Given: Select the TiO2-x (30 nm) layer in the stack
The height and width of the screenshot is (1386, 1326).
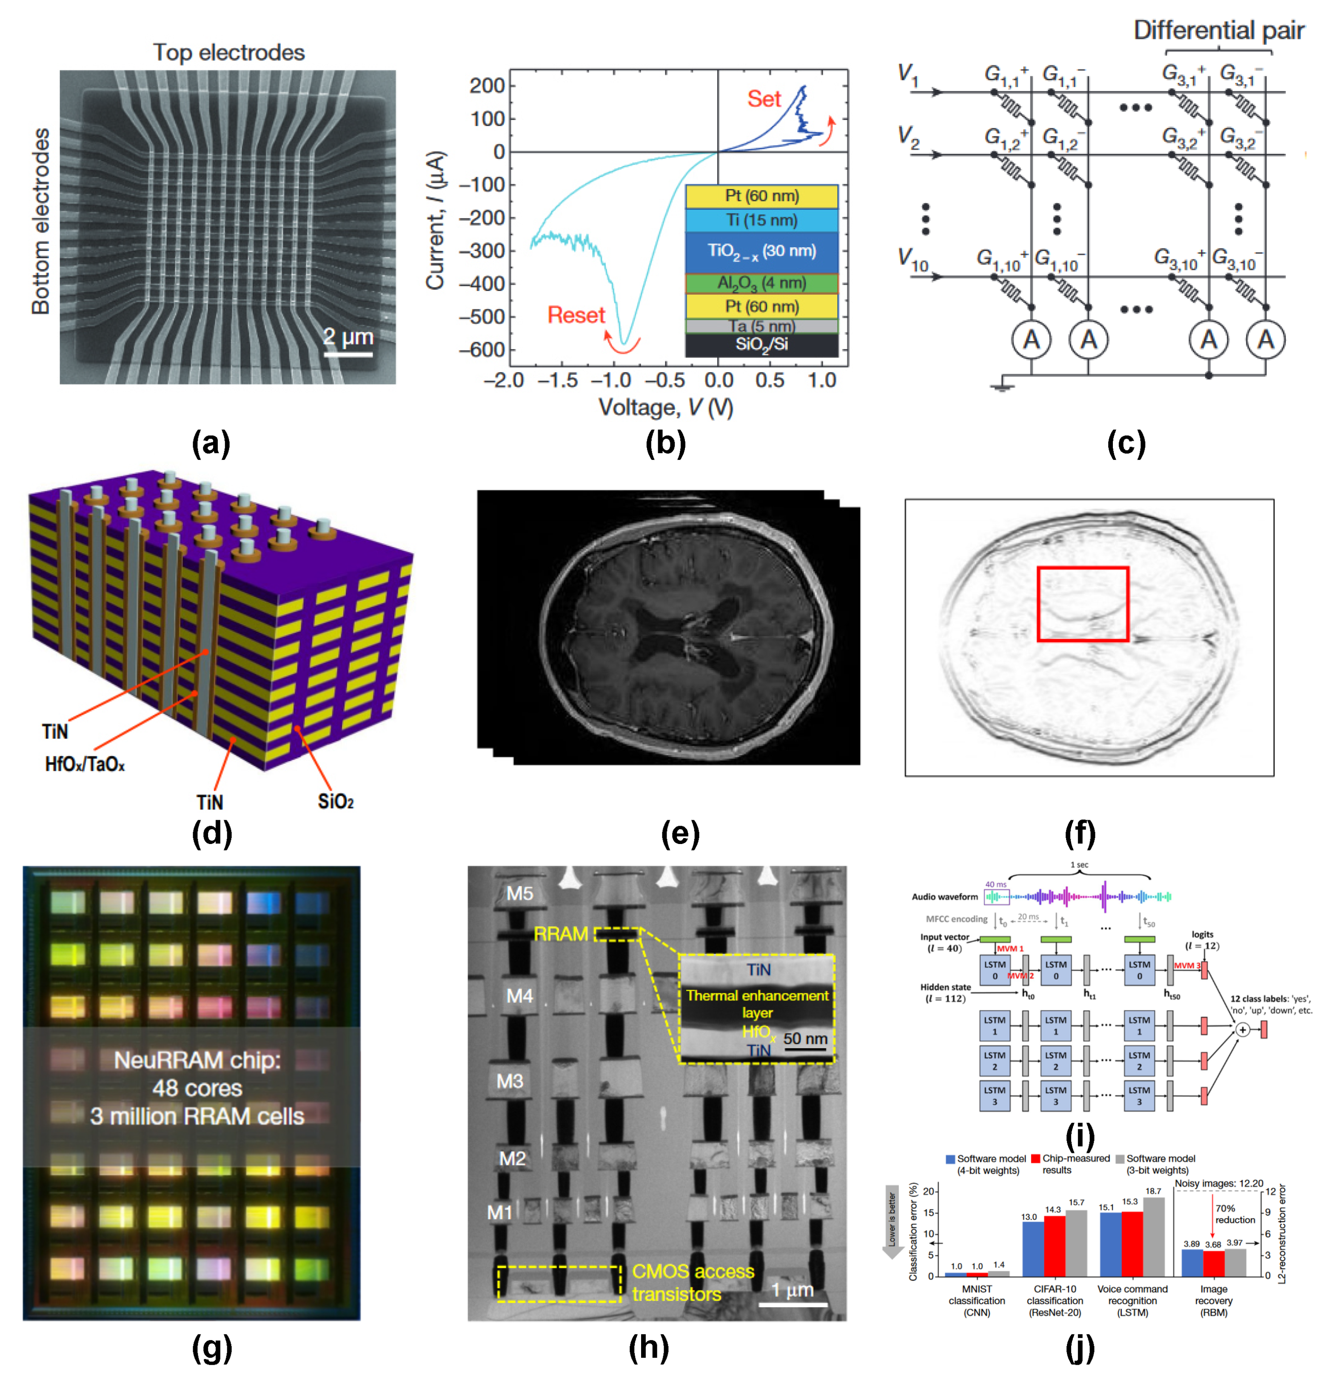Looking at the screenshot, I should [x=761, y=251].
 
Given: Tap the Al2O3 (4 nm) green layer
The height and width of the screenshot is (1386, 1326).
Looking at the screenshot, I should [x=761, y=283].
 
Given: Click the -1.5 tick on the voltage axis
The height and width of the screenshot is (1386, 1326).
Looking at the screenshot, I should [x=558, y=381].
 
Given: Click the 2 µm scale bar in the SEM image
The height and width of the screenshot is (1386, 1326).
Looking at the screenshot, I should [x=348, y=354].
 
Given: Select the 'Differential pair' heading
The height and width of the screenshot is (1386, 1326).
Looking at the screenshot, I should [x=1218, y=30].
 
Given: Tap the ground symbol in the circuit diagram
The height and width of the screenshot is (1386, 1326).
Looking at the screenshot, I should [x=1002, y=387].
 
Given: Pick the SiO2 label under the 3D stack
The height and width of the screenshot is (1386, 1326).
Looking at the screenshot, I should [x=335, y=801].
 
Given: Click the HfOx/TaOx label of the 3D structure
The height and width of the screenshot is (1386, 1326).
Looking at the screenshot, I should [x=85, y=764].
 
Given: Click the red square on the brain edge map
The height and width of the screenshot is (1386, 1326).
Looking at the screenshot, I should [x=1082, y=604].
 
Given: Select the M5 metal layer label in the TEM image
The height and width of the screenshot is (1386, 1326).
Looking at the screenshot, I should [x=519, y=893].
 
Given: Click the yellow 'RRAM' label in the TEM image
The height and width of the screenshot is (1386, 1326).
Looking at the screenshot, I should [x=561, y=934].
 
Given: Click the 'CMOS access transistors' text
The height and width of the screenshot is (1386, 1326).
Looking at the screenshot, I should [x=693, y=1282].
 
